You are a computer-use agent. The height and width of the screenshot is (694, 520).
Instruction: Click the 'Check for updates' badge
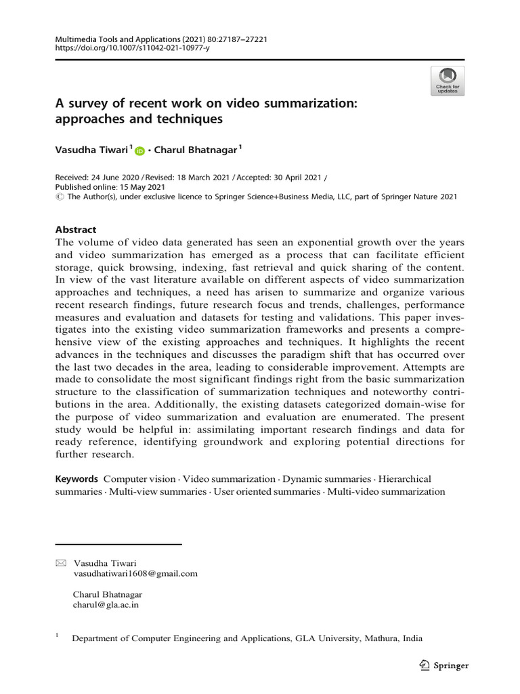447,80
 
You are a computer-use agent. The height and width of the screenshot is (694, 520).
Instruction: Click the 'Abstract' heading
76,230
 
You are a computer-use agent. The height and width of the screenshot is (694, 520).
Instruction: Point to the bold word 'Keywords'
77,479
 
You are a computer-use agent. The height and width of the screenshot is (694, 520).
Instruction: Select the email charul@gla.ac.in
106,606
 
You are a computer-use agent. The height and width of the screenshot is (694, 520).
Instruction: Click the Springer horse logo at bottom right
425,666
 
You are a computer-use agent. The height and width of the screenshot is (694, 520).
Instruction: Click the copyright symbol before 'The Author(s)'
59,197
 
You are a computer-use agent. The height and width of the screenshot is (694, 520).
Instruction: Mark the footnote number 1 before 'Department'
57,636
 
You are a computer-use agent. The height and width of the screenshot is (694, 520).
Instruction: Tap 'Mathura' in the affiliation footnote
383,638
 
